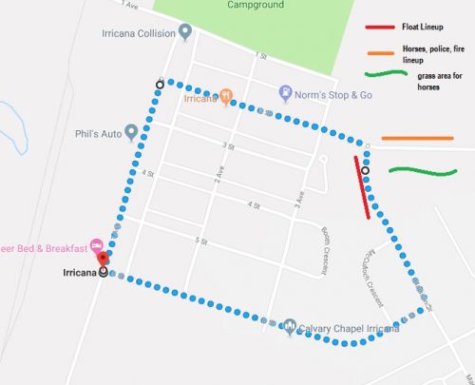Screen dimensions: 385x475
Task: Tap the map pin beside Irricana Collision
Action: (185, 32)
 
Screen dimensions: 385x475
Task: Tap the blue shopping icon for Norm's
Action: (285, 93)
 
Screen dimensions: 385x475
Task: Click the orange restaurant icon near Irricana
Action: (226, 96)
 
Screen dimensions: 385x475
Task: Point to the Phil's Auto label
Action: (101, 133)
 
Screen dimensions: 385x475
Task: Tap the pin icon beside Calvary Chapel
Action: (290, 327)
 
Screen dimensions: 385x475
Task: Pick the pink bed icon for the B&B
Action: (96, 246)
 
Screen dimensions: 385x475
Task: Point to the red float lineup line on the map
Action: (362, 187)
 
